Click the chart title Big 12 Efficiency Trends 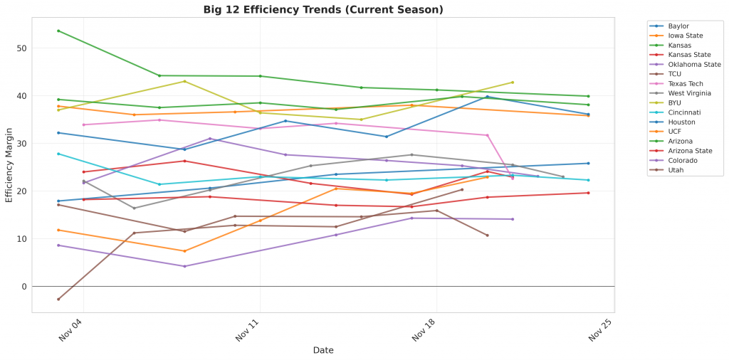pos(323,9)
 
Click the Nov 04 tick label pos(70,332)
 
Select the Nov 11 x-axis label pos(246,332)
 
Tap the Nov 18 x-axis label pos(423,332)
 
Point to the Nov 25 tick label pos(599,332)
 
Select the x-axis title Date pos(323,350)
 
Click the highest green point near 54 pos(58,31)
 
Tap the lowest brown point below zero pos(58,299)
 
